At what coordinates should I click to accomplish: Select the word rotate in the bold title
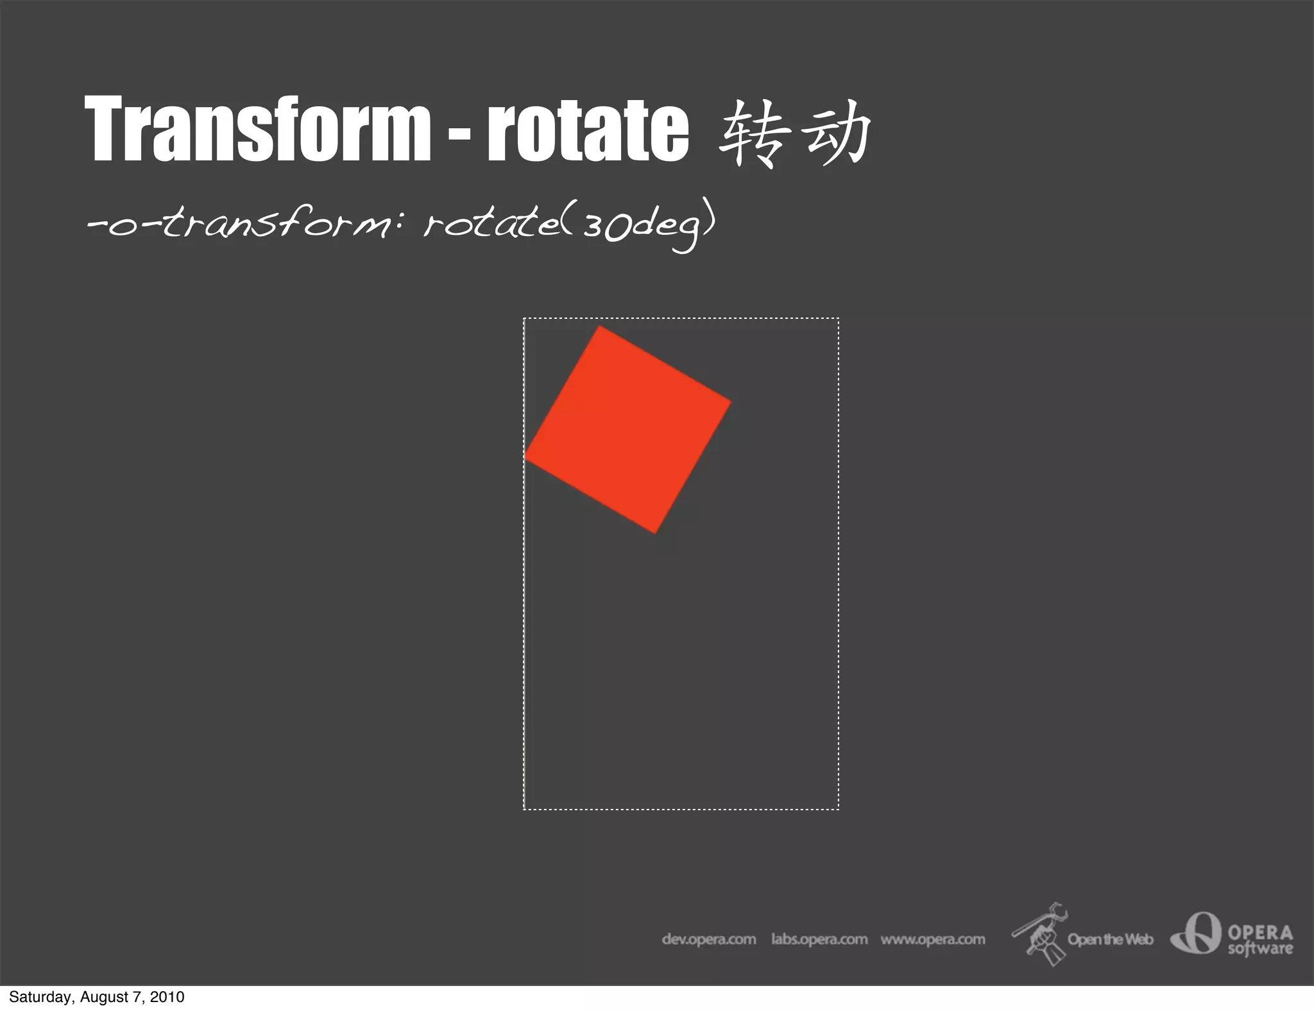[588, 128]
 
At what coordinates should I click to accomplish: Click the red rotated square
[627, 429]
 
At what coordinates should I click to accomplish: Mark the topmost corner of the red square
[600, 327]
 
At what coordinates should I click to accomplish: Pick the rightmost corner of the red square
[730, 402]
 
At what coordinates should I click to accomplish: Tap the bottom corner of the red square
[655, 532]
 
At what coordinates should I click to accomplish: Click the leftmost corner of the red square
[525, 457]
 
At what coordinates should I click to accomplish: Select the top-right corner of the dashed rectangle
[838, 319]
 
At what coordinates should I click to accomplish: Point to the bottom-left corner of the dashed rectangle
[524, 809]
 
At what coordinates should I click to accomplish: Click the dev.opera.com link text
[709, 939]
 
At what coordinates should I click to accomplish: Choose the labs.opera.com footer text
[819, 939]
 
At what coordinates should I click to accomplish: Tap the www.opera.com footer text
[933, 939]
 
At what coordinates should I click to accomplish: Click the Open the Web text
[1110, 940]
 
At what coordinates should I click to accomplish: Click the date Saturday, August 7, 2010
[97, 997]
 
